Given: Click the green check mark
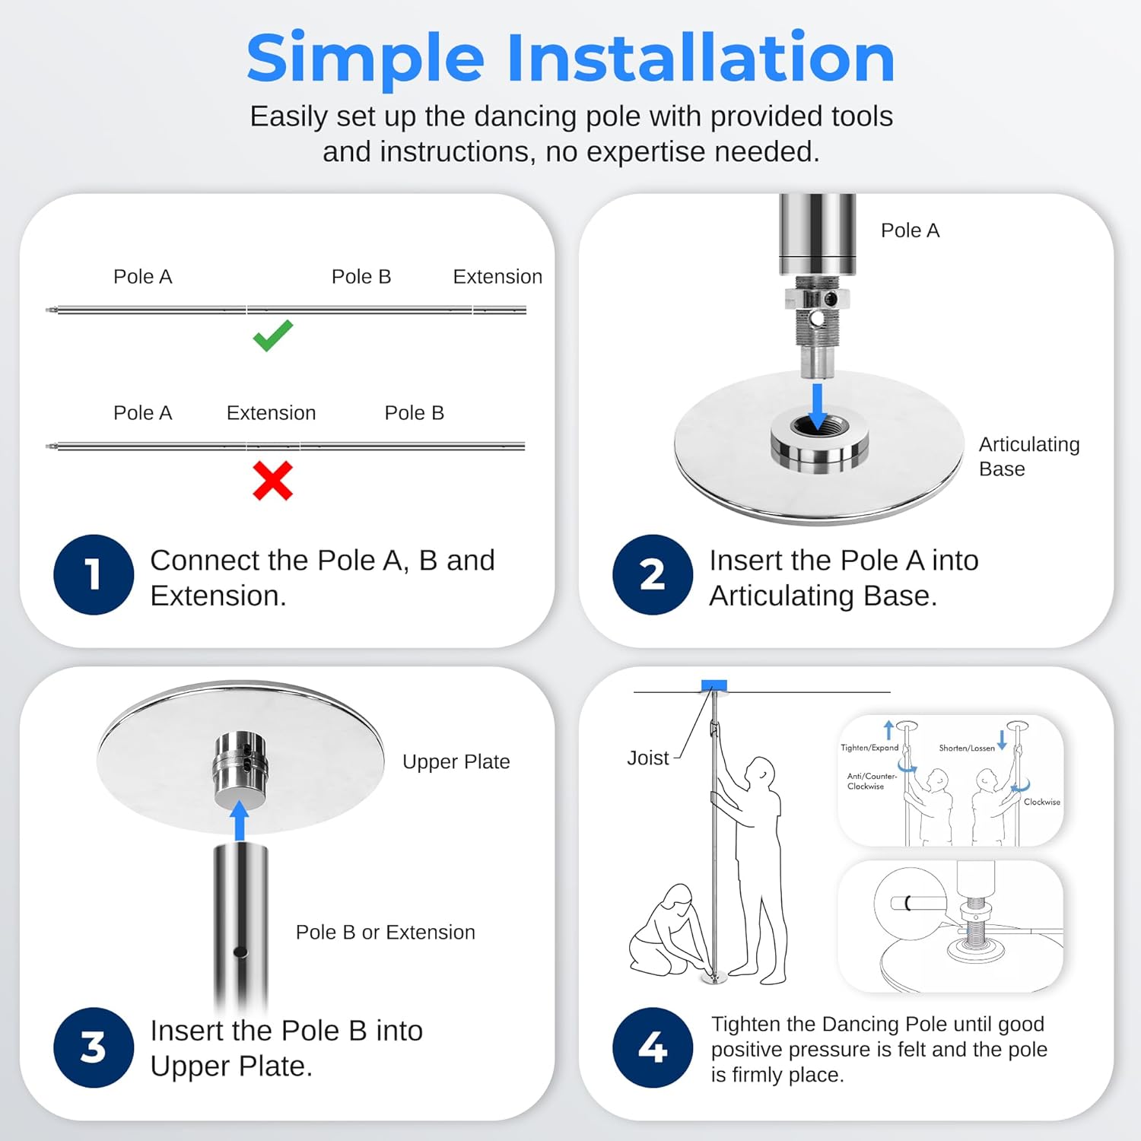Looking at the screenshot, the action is [x=272, y=335].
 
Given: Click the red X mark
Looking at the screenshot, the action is [x=272, y=481].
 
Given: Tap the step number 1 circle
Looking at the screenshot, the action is [x=94, y=574].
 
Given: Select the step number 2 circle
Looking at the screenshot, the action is [x=653, y=574].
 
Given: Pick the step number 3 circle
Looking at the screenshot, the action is [x=94, y=1047].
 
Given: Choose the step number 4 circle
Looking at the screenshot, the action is [x=653, y=1047].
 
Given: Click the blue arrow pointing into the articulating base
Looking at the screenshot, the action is [x=818, y=407].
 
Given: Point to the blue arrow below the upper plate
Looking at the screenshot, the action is [x=240, y=820].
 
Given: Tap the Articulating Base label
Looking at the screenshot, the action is [x=1029, y=456].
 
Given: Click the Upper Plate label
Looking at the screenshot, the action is [x=456, y=761].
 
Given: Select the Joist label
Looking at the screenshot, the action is [x=648, y=758].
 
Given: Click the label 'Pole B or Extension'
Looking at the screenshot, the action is [x=386, y=932].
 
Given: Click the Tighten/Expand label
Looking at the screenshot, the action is [x=869, y=748].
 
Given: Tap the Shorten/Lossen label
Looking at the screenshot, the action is [x=967, y=748].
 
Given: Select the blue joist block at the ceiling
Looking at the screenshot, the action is [x=714, y=685].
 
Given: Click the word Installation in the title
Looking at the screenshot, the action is [x=701, y=58].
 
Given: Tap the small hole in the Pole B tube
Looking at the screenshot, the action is [x=240, y=952].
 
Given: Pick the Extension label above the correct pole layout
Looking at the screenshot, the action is [x=497, y=276].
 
